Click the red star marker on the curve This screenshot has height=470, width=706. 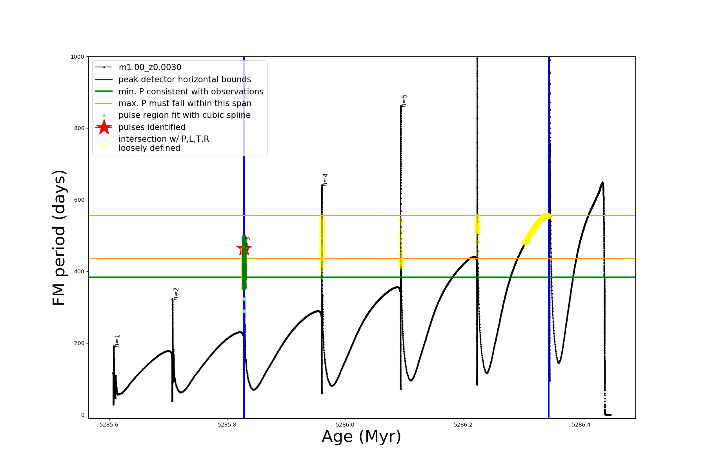[x=244, y=248]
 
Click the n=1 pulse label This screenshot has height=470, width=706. [x=117, y=341]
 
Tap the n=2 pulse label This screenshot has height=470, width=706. [x=176, y=294]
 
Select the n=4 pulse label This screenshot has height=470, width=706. [x=325, y=180]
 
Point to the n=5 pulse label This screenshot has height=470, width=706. [x=404, y=101]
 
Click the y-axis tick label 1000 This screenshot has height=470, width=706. [x=77, y=57]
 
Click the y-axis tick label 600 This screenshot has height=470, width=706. [x=79, y=200]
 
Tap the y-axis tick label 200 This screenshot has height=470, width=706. [x=79, y=343]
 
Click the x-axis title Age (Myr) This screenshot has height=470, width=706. [x=361, y=437]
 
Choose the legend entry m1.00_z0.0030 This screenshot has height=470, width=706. [x=150, y=67]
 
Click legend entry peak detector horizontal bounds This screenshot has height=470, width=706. [x=184, y=80]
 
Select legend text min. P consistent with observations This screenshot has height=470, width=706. [x=191, y=92]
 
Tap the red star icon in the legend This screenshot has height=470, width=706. [x=104, y=127]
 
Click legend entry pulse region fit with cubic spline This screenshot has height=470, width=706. [x=184, y=115]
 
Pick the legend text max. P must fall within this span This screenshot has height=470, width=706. [x=185, y=103]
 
